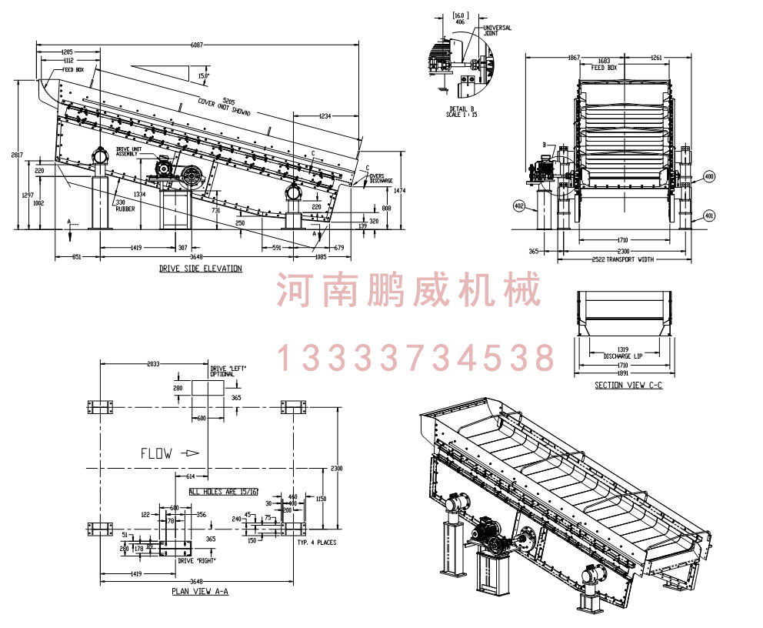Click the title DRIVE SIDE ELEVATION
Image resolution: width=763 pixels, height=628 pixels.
[x=201, y=269]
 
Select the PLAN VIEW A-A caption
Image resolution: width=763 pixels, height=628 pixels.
[x=200, y=592]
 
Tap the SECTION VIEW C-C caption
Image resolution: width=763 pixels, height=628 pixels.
[x=628, y=385]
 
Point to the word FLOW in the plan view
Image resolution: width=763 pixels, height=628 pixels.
[x=156, y=453]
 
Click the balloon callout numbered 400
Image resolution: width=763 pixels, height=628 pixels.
[x=709, y=176]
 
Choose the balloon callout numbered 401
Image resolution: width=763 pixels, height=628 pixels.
[x=709, y=215]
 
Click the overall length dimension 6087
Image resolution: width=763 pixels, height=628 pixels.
[x=198, y=45]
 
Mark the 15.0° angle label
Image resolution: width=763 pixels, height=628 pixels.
[x=203, y=75]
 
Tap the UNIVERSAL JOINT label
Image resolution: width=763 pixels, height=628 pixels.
[x=497, y=31]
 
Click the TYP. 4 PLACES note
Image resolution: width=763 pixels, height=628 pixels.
[x=316, y=543]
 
